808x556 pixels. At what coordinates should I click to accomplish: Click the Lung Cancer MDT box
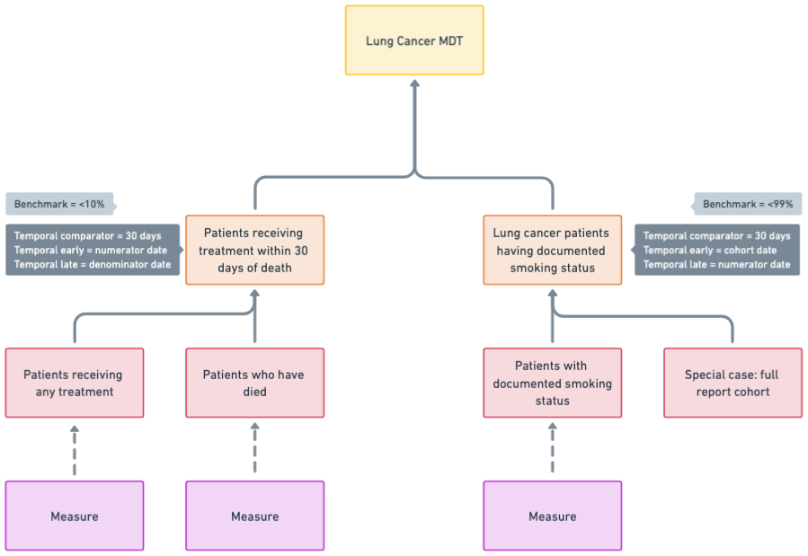(414, 41)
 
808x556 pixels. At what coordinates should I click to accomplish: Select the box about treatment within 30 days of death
(255, 250)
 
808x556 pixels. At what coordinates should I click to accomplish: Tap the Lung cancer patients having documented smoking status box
(552, 250)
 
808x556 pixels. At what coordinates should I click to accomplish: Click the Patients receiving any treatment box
(74, 384)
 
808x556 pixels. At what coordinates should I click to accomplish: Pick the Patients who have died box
(255, 384)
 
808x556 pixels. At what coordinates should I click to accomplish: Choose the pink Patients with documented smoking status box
(552, 384)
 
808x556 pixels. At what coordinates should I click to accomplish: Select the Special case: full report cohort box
(733, 384)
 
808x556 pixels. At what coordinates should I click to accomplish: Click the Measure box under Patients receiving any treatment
(74, 516)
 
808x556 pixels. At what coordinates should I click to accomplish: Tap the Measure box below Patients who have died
(255, 516)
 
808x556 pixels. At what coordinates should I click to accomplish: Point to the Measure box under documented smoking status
(552, 516)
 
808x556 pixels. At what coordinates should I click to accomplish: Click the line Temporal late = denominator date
(93, 265)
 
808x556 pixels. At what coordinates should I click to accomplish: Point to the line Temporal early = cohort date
(710, 250)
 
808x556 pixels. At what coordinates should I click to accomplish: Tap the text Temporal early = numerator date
(89, 250)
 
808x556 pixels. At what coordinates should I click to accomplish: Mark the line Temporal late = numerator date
(716, 265)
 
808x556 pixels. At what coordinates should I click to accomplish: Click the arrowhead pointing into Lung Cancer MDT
(414, 84)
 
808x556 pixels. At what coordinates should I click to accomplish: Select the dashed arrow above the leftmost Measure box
(74, 450)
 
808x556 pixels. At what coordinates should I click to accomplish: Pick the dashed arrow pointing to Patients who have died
(255, 450)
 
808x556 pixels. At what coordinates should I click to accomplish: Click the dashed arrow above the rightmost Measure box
(552, 450)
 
